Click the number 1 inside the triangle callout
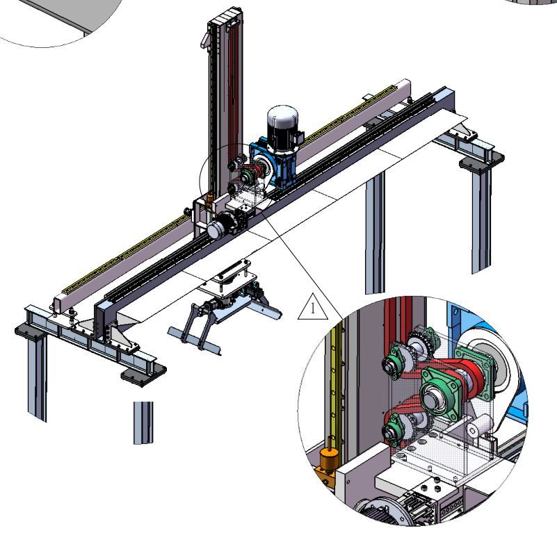[313, 308]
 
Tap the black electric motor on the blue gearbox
[283, 127]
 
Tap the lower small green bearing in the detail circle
[395, 428]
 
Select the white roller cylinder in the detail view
[481, 426]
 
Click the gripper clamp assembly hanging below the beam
[225, 306]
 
